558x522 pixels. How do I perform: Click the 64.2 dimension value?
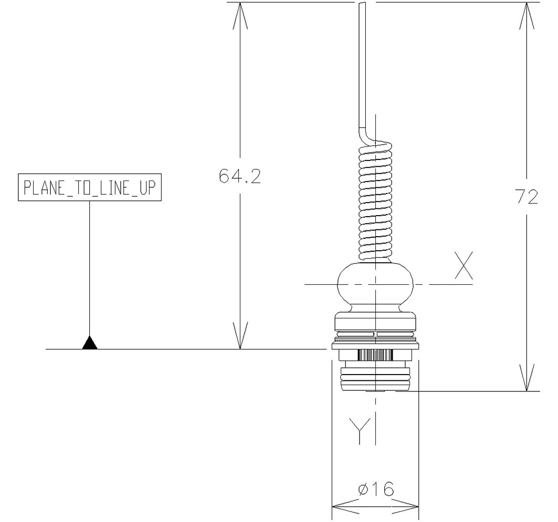[240, 176]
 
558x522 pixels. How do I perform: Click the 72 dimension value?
[525, 197]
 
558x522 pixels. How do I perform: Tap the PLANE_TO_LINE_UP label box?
[89, 187]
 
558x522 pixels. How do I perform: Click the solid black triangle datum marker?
[90, 343]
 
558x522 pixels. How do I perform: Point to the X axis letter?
[464, 266]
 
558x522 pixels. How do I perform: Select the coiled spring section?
[375, 202]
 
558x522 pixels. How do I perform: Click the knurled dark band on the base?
[375, 355]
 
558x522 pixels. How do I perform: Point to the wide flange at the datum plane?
[375, 346]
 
